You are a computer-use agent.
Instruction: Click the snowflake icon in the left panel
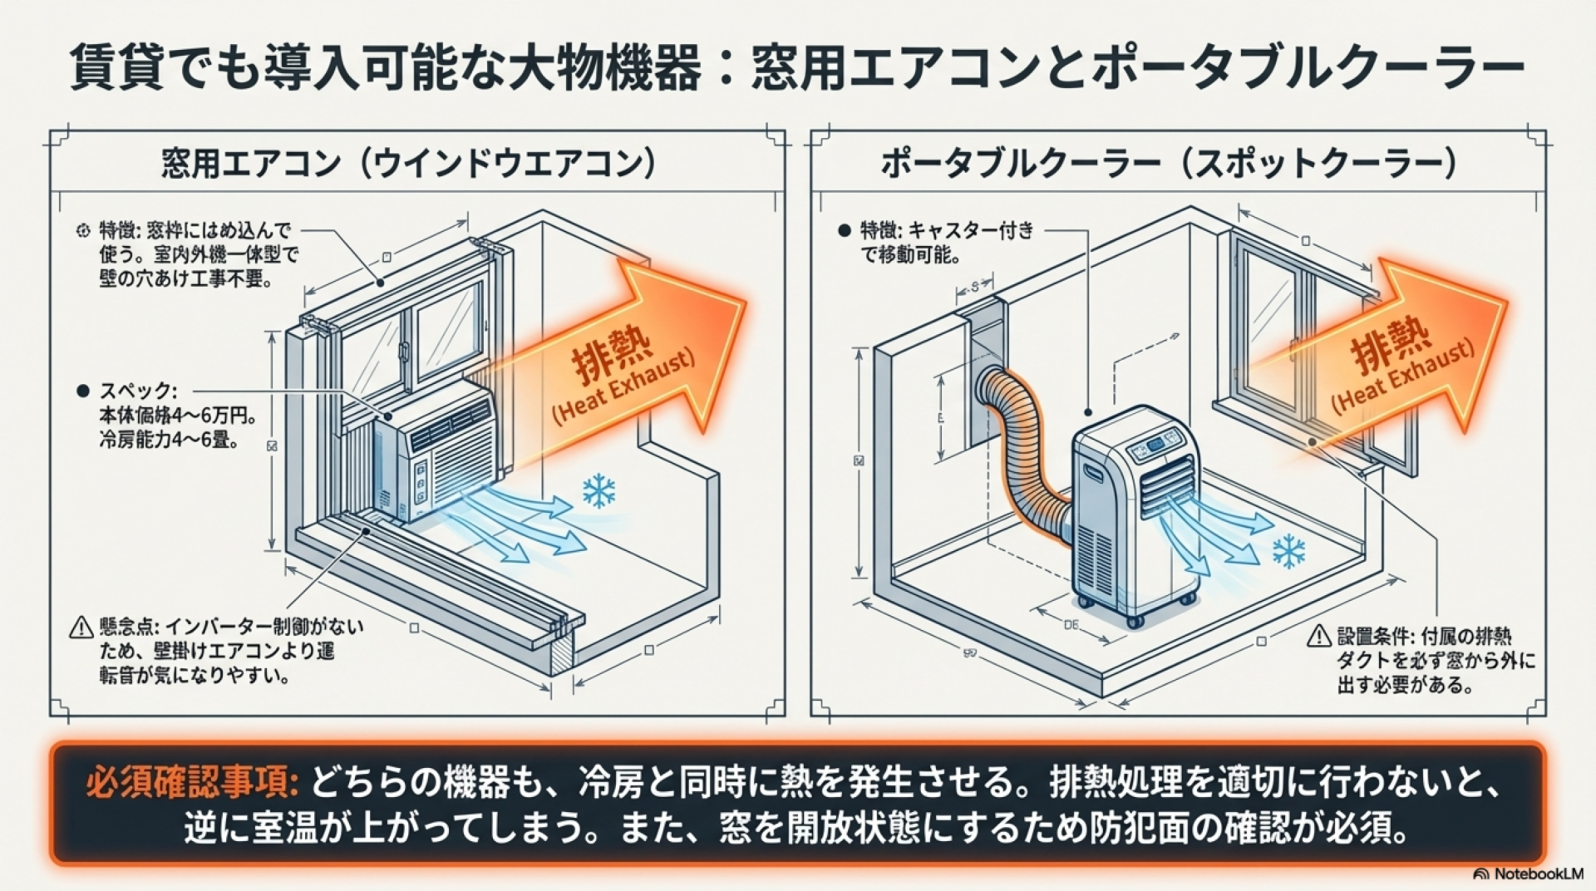(x=598, y=491)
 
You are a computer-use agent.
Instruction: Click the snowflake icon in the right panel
(x=1288, y=551)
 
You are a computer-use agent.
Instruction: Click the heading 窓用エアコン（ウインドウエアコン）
(x=408, y=164)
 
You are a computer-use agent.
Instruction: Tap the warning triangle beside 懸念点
(x=81, y=627)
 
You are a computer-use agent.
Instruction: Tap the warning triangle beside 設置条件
(x=1318, y=637)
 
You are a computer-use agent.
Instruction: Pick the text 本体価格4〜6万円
(x=176, y=415)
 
